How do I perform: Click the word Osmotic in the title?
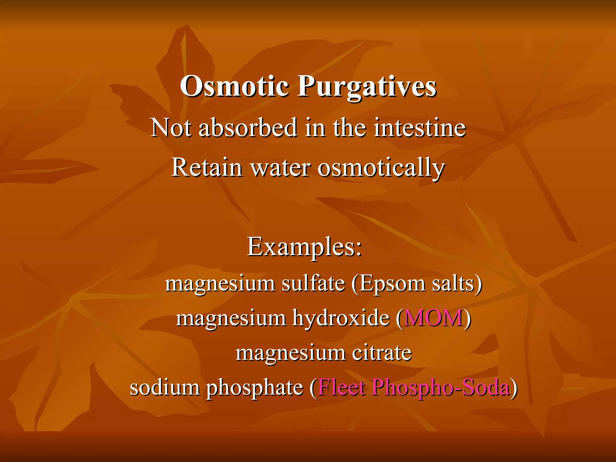coord(234,86)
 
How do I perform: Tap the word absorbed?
coord(248,128)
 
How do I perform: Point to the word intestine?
coord(420,128)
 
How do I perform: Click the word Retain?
coord(207,167)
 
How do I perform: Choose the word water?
coord(280,168)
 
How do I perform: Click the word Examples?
coord(304,247)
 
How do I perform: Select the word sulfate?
coord(313,283)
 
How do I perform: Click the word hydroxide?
coord(341,318)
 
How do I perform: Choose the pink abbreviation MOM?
coord(433,318)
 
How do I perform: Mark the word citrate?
coord(381,353)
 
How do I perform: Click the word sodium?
coord(165,387)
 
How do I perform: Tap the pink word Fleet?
coord(341,387)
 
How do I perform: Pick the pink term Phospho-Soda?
coord(441,388)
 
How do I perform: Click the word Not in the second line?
coord(171,128)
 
